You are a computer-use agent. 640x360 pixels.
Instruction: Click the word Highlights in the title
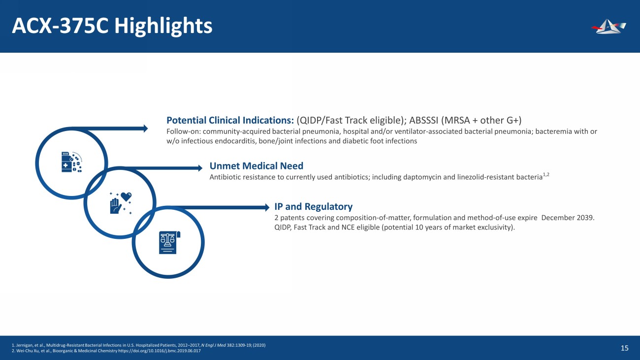(x=163, y=26)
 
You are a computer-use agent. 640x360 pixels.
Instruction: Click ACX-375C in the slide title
(x=60, y=26)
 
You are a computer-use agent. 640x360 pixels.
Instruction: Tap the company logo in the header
(x=608, y=26)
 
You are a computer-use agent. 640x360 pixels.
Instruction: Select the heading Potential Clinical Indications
(x=230, y=120)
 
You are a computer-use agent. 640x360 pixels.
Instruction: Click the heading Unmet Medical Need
(x=256, y=165)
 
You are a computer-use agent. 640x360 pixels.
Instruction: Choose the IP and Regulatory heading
(x=314, y=206)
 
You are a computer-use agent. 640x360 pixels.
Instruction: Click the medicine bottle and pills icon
(x=72, y=162)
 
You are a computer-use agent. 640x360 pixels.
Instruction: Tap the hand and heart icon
(x=121, y=203)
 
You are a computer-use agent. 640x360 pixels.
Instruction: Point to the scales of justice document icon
(x=170, y=242)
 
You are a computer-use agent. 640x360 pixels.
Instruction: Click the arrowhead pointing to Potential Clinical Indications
(x=145, y=129)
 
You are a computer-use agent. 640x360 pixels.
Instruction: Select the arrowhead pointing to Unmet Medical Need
(x=200, y=168)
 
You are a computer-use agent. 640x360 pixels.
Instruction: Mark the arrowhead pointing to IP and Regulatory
(x=267, y=207)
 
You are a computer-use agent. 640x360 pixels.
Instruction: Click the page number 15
(x=625, y=348)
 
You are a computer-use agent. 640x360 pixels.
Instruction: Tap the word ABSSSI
(x=424, y=120)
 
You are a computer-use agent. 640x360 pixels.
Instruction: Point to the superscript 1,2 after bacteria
(x=546, y=174)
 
